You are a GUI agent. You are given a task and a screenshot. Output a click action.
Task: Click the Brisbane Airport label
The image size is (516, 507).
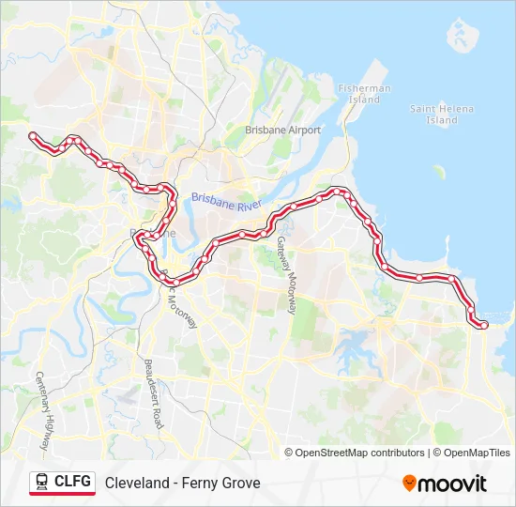tap(282, 131)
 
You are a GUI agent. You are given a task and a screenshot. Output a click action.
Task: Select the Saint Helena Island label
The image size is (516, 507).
tap(442, 115)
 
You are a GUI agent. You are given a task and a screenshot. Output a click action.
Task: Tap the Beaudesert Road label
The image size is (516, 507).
tap(153, 393)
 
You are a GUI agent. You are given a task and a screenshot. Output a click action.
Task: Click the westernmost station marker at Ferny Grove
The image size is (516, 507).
tap(34, 136)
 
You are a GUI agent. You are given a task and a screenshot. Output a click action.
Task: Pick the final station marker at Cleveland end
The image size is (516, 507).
tap(484, 325)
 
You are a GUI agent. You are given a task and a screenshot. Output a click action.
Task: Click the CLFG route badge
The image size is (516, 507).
tap(62, 483)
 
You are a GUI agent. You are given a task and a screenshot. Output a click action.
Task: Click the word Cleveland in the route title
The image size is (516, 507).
tap(137, 484)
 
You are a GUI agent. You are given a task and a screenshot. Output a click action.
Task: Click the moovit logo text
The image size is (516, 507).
tap(452, 484)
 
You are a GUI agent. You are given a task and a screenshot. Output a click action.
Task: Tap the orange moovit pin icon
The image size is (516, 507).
tap(409, 483)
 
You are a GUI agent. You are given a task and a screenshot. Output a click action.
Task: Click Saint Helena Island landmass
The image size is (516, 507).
tap(459, 36)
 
